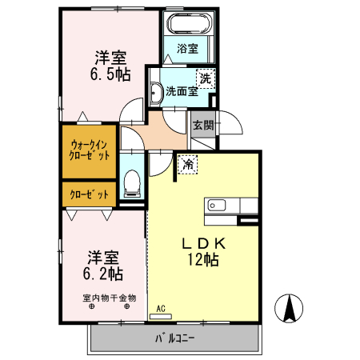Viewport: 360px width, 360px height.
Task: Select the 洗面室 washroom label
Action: [x=182, y=91]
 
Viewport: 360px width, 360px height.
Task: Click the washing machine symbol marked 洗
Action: [x=206, y=78]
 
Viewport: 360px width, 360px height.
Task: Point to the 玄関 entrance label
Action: [x=203, y=126]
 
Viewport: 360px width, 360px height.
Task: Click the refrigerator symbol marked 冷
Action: [x=187, y=164]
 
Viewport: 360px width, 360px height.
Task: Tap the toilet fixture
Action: [x=132, y=185]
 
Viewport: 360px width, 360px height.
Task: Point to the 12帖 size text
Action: [x=204, y=259]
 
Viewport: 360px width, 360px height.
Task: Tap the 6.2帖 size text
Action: [x=104, y=273]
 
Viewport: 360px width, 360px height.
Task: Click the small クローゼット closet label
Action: [x=89, y=194]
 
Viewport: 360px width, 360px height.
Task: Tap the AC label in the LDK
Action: [x=161, y=308]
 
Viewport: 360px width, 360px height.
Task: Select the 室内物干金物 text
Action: [x=110, y=298]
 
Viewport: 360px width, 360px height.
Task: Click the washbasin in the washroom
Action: [x=156, y=94]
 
